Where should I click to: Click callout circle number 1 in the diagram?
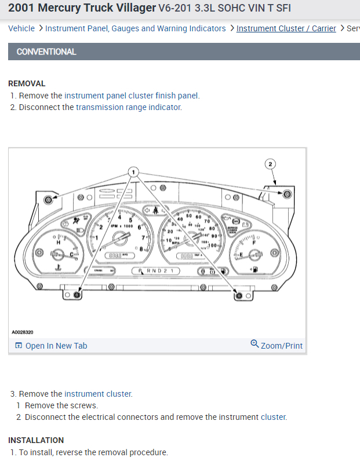pos(133,172)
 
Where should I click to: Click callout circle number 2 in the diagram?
pos(270,164)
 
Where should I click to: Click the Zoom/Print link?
pos(282,345)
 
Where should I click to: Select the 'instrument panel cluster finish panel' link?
pos(132,96)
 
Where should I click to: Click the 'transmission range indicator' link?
pos(128,107)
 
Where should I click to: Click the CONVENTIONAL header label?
pos(46,52)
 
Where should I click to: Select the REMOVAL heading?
pos(27,83)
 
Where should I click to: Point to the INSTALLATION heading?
pos(36,440)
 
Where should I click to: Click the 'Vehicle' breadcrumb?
pos(21,28)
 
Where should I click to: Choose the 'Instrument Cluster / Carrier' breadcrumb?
pos(286,28)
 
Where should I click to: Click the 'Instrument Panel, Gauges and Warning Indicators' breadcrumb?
pos(136,28)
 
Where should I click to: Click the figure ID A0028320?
pos(23,332)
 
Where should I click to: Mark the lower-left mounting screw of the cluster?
pos(77,295)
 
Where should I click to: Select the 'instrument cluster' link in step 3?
pos(98,394)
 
